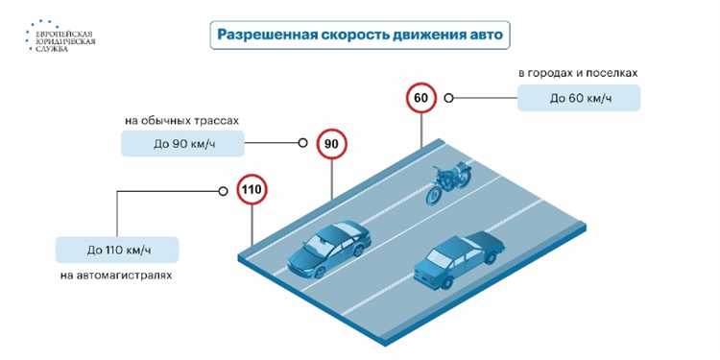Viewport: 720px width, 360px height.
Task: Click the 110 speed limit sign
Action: tap(251, 190)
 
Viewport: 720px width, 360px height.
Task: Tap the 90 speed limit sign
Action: tap(331, 145)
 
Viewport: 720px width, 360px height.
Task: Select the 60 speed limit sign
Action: tap(420, 98)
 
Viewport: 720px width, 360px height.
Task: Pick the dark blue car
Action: tap(457, 257)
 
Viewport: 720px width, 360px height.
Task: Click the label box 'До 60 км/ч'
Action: tap(578, 98)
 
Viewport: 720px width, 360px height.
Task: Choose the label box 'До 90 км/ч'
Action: tap(181, 144)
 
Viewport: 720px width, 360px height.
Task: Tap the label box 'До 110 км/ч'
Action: tap(118, 250)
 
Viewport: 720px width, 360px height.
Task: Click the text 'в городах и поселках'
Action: tap(578, 73)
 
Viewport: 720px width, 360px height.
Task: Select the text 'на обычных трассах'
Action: tap(181, 120)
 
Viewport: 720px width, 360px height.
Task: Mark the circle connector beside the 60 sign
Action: tap(448, 98)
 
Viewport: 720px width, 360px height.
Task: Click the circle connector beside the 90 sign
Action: tap(303, 144)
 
